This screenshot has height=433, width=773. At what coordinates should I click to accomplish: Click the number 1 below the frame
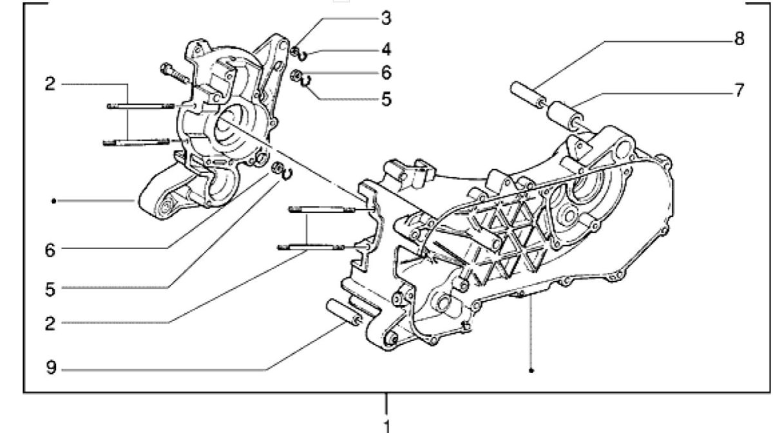coord(386,425)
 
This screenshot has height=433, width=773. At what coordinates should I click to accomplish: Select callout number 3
coord(385,18)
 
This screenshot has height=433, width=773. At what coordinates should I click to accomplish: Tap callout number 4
coord(385,49)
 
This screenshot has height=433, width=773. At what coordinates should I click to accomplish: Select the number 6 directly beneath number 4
coord(385,72)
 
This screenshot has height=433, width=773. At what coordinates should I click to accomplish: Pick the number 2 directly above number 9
coord(50,323)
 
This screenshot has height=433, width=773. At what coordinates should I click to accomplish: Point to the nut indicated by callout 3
coord(294,51)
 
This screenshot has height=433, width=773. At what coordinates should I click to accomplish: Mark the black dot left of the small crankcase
coord(55,201)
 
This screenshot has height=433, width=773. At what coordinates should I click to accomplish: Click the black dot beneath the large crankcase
coord(531,371)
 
